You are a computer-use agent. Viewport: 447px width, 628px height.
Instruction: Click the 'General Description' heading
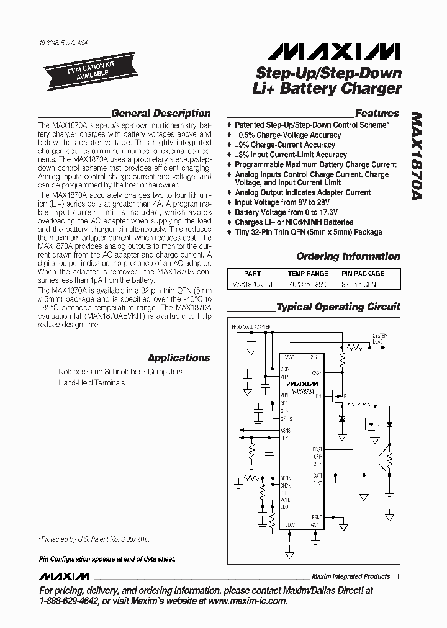tap(160, 114)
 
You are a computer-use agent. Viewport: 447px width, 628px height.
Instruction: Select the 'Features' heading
tap(377, 114)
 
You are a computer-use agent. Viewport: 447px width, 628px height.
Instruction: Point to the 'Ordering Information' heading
tap(348, 256)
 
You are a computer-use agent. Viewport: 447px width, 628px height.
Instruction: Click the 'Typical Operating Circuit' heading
tap(338, 307)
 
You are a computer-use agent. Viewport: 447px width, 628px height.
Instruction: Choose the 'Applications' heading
tap(179, 358)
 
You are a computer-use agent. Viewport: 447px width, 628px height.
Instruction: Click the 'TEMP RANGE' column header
tap(308, 274)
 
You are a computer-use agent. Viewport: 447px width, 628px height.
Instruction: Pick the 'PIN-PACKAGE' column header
tap(363, 274)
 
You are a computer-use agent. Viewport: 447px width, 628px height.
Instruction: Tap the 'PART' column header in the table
tap(253, 274)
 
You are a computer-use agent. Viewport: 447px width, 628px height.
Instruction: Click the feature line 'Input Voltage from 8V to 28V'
tap(291, 202)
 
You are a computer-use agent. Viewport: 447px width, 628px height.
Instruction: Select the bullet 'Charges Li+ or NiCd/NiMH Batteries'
tap(294, 222)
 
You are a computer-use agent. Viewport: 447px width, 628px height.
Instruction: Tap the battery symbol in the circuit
tap(391, 496)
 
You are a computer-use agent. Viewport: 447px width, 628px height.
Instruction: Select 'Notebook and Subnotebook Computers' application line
tap(120, 372)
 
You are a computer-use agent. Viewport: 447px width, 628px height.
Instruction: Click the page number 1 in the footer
tap(398, 576)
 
